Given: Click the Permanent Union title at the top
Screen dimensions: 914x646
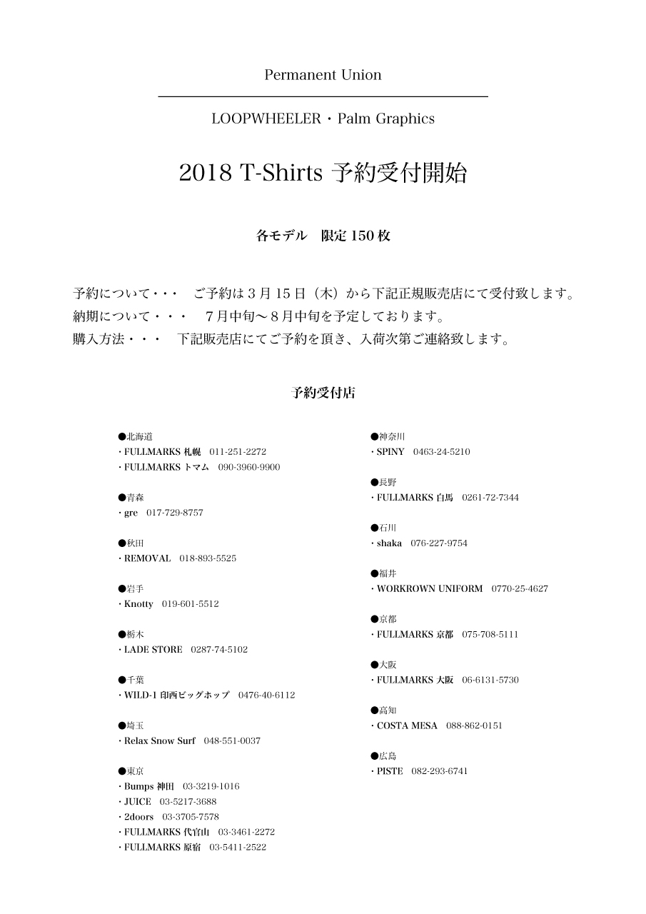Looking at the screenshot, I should pos(323,75).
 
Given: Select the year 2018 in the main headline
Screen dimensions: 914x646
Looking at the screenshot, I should pos(206,174).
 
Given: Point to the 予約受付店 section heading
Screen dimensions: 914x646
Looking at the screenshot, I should pos(323,393).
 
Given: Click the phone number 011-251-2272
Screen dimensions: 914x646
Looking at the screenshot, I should pos(238,452).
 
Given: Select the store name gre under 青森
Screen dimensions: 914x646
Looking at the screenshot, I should pos(131,513).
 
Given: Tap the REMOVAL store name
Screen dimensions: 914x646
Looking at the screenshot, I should pos(148,558).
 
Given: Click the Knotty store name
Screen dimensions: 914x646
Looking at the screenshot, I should pos(138,604).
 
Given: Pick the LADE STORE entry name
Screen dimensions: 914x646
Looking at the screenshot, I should pos(153,650).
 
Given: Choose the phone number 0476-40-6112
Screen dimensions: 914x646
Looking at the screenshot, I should pos(266,695).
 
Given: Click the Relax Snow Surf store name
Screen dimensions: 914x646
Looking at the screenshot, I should pos(160,741).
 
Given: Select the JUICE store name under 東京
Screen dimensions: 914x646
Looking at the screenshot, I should pos(138,802).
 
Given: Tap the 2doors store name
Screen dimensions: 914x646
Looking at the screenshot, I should pos(139,817).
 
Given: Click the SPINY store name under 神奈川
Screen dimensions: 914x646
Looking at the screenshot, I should pos(390,452).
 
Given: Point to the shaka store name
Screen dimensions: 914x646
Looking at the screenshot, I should pos(389,543).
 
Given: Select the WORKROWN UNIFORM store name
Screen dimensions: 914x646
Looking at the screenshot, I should pos(430,589).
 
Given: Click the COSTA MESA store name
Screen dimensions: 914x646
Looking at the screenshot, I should pos(407,726).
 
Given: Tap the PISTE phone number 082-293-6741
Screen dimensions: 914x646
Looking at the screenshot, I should pos(440,772).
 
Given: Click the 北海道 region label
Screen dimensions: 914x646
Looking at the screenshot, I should pos(140,436).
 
